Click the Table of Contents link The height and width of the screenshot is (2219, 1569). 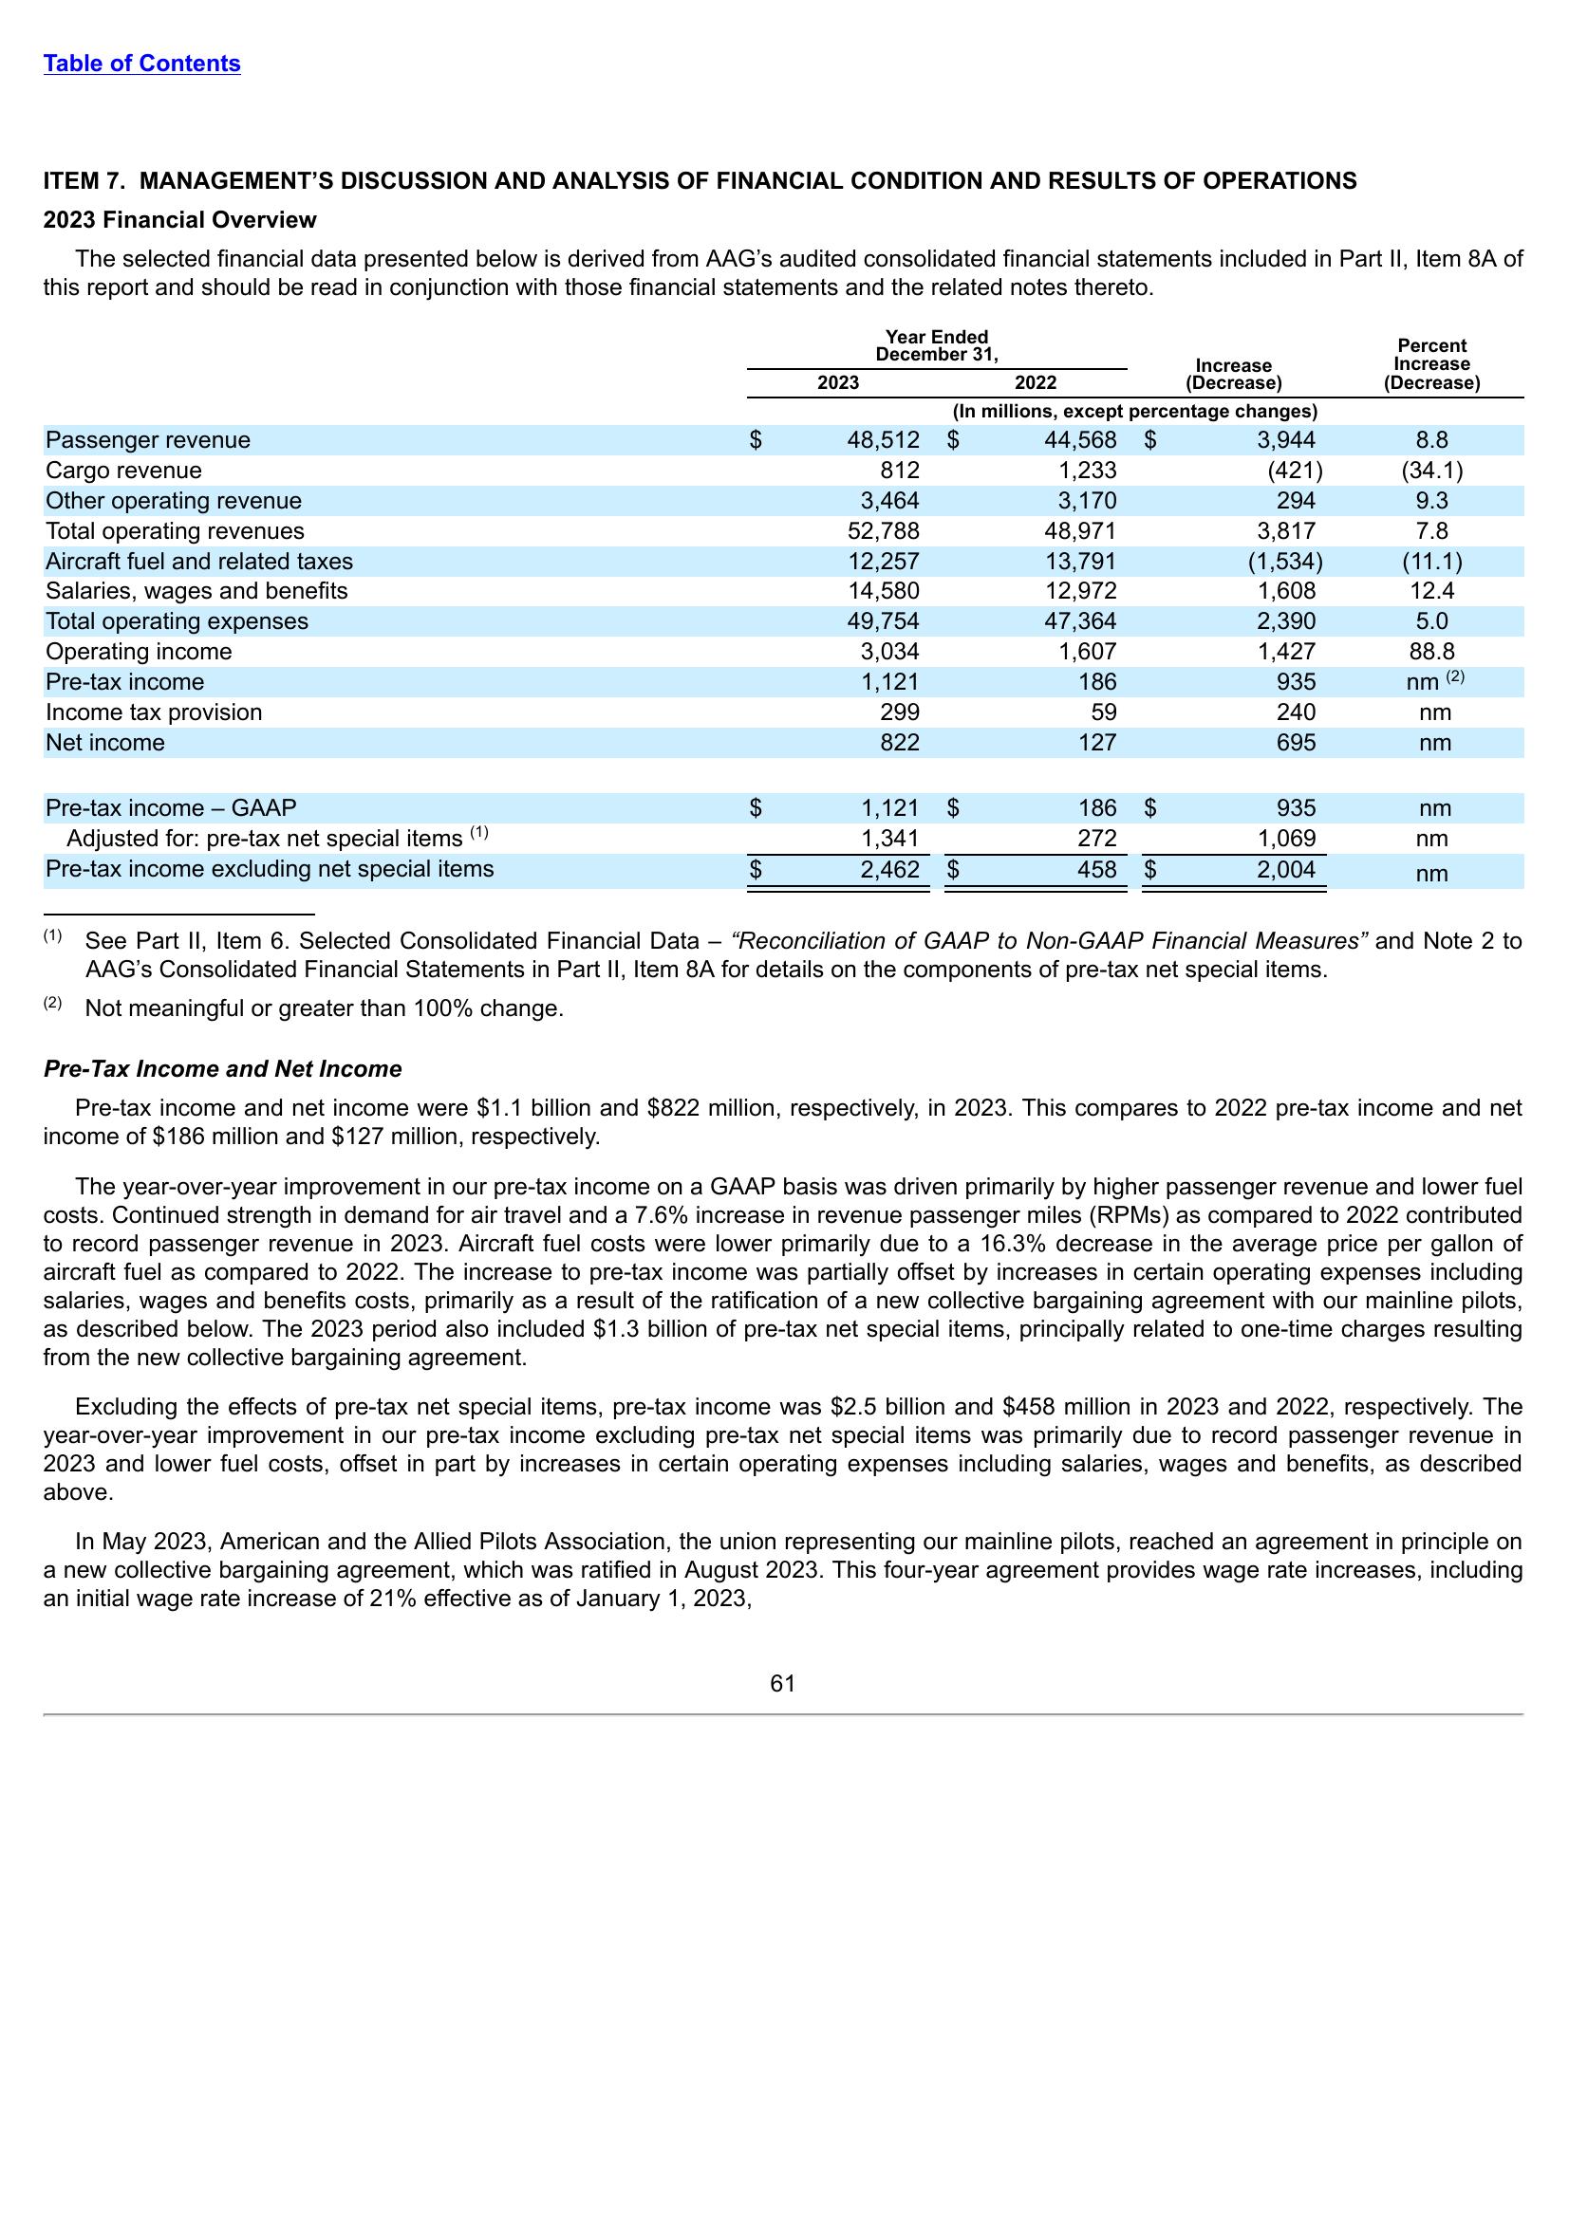coord(142,64)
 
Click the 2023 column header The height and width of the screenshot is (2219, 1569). coord(837,382)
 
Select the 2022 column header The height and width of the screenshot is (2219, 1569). coord(1035,382)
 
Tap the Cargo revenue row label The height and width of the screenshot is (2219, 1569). coord(123,471)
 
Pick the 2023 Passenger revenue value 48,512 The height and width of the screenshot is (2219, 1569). coord(883,441)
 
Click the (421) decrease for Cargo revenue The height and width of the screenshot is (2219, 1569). coord(1295,471)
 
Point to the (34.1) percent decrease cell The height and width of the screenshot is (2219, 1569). coord(1431,471)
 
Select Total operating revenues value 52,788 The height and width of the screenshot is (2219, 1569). coord(883,531)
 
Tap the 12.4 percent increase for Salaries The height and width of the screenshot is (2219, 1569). coord(1431,591)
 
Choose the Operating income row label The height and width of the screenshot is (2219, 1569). coord(140,653)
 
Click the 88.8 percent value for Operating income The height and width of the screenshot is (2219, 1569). coord(1431,653)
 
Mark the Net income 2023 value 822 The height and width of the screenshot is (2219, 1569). coord(900,743)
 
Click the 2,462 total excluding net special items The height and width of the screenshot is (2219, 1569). coord(889,870)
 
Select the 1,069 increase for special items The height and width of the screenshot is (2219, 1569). coord(1286,839)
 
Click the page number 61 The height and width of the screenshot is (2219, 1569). coord(782,1684)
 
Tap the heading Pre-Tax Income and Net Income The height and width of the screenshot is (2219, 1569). coord(222,1069)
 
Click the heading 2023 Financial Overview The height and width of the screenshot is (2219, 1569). coord(179,220)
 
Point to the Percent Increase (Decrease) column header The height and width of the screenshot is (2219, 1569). coord(1431,364)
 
